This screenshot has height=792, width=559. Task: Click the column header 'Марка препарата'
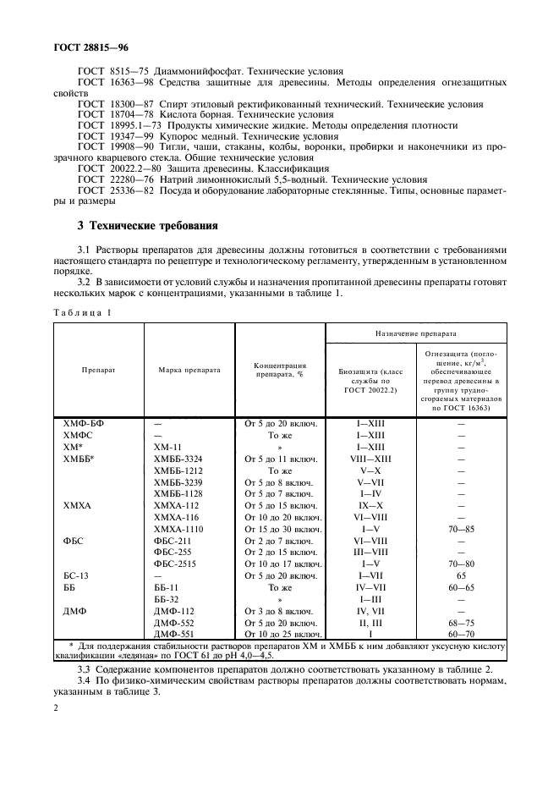[189, 370]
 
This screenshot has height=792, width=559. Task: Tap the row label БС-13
[76, 575]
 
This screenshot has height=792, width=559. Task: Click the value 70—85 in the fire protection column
[461, 528]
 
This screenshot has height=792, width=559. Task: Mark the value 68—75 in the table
[461, 621]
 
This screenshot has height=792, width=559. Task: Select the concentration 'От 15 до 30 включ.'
[281, 528]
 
